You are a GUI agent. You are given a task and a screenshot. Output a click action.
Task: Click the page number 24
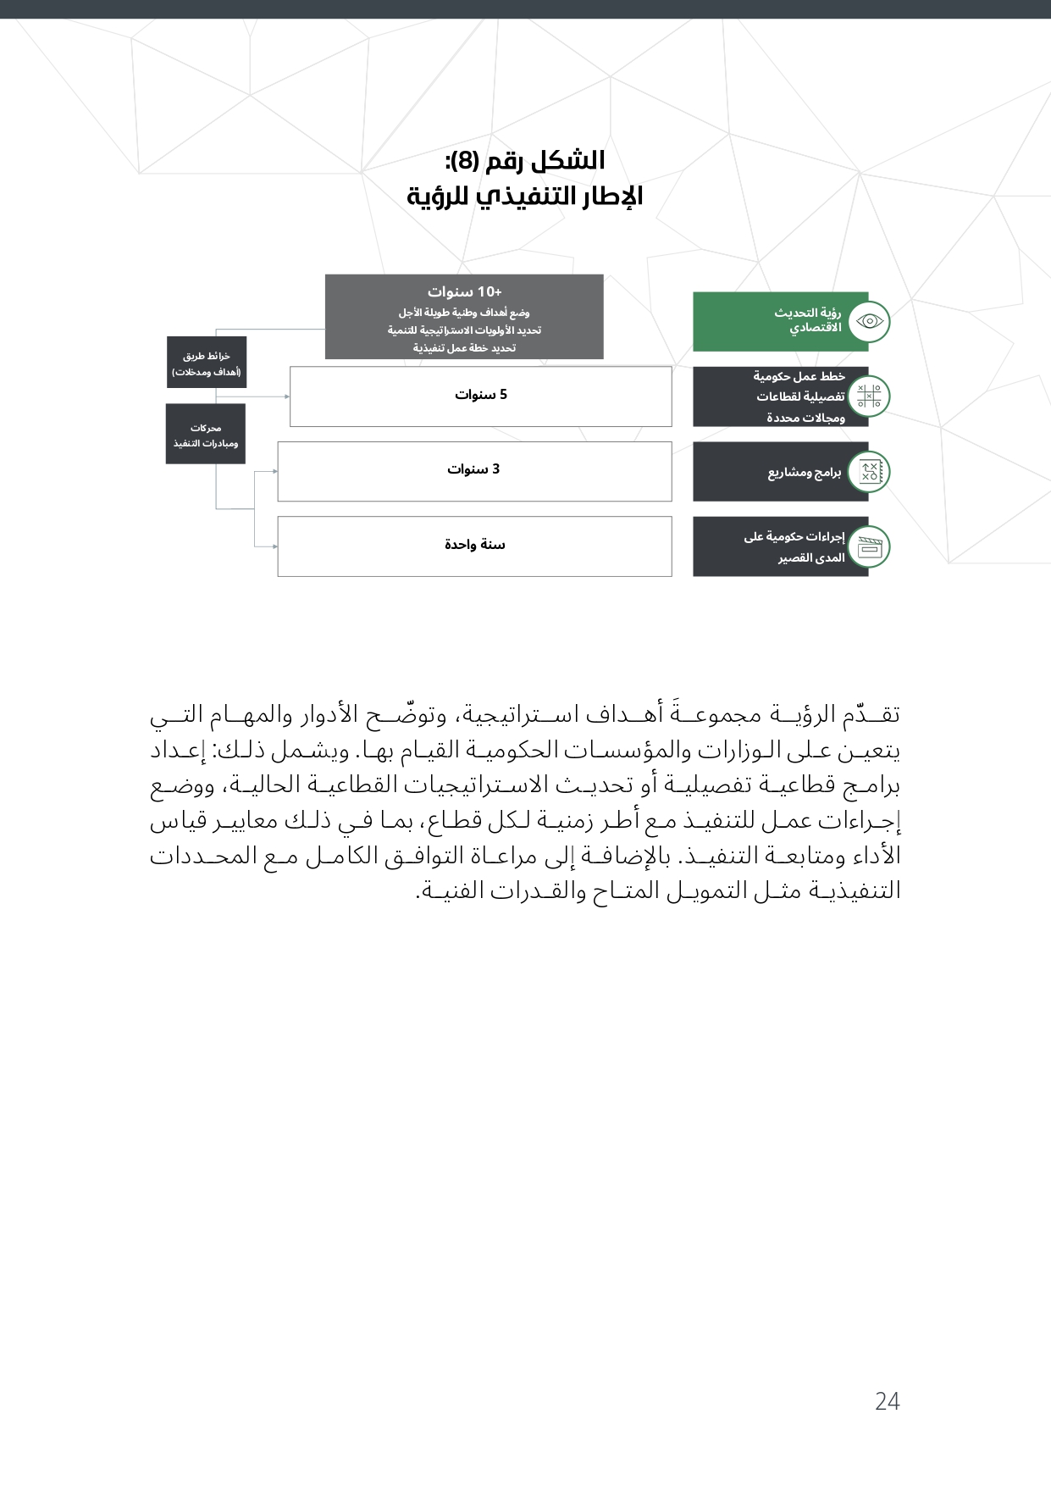pyautogui.click(x=887, y=1401)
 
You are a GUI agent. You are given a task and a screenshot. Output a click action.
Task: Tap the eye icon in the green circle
pyautogui.click(x=869, y=322)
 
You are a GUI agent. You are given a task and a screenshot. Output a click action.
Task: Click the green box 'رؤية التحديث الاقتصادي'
pyautogui.click(x=779, y=321)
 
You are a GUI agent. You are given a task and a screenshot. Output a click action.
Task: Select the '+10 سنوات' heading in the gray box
pyautogui.click(x=464, y=291)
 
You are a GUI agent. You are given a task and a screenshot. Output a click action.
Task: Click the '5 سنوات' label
pyautogui.click(x=480, y=395)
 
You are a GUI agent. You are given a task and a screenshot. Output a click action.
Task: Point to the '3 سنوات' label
pyautogui.click(x=473, y=469)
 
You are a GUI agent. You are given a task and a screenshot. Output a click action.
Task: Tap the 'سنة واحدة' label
pyautogui.click(x=474, y=544)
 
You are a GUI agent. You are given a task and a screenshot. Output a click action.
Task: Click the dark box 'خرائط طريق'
pyautogui.click(x=206, y=363)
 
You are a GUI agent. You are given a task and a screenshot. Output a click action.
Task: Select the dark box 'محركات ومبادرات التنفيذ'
pyautogui.click(x=205, y=435)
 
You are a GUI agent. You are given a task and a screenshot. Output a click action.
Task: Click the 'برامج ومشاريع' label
pyautogui.click(x=804, y=472)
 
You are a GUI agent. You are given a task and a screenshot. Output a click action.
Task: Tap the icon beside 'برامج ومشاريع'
pyautogui.click(x=869, y=472)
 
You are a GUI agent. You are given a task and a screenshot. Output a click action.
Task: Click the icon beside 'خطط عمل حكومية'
pyautogui.click(x=869, y=396)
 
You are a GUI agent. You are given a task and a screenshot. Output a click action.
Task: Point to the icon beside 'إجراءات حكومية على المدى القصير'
pyautogui.click(x=869, y=547)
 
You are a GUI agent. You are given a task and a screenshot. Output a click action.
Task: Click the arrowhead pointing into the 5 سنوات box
pyautogui.click(x=286, y=396)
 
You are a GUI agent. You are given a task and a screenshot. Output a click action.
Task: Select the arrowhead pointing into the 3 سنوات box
pyautogui.click(x=274, y=471)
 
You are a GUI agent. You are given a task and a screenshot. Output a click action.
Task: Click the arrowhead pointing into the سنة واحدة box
pyautogui.click(x=274, y=546)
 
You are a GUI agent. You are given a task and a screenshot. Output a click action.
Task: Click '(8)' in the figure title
pyautogui.click(x=465, y=160)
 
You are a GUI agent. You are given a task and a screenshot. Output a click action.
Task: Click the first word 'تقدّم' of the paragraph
pyautogui.click(x=876, y=714)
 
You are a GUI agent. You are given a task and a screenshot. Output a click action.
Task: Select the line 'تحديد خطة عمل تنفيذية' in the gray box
pyautogui.click(x=464, y=348)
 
